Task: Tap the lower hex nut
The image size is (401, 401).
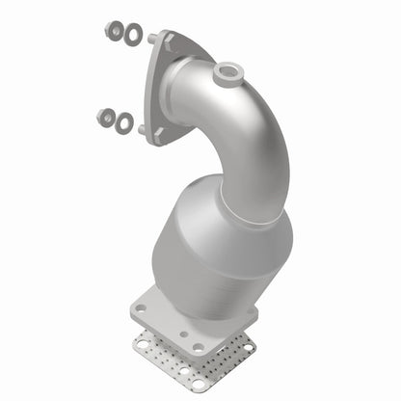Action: tap(105, 118)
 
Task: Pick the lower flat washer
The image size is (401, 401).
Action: tap(124, 123)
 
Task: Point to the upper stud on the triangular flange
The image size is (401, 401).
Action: tap(152, 40)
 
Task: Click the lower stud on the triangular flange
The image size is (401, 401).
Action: tap(143, 128)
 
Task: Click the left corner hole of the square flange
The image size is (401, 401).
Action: tap(142, 309)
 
